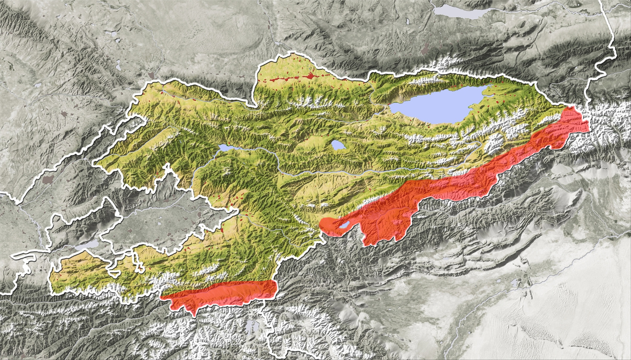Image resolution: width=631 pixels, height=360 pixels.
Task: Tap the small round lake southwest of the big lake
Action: [338, 145]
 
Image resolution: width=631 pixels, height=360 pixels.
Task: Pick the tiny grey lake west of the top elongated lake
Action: [408, 22]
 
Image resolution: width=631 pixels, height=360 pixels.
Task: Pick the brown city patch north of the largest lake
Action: [425, 49]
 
